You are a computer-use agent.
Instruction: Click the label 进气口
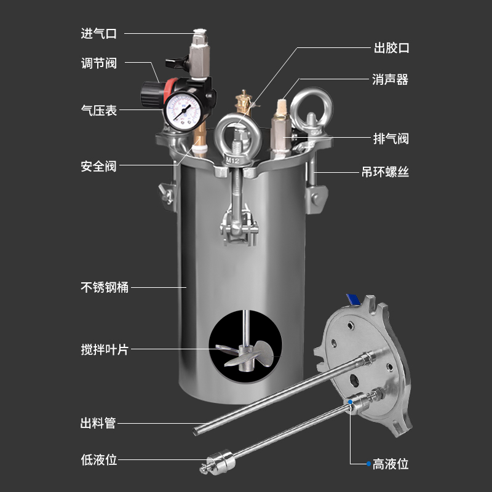[98, 33]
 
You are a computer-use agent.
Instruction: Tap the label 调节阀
[98, 63]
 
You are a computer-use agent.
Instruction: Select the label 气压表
[98, 111]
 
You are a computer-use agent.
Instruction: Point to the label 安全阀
[98, 166]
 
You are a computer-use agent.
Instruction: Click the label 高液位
[391, 463]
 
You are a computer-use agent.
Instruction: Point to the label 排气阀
[391, 138]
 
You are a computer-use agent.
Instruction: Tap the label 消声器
[391, 79]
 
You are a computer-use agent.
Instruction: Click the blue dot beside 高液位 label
[368, 463]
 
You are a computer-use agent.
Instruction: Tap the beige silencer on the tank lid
[282, 109]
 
